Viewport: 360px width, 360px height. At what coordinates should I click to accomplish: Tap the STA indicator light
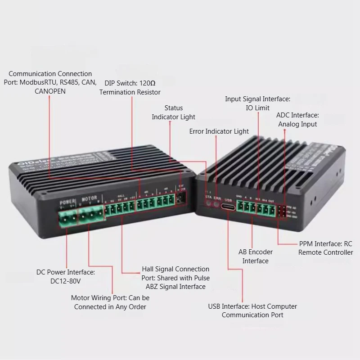(208, 204)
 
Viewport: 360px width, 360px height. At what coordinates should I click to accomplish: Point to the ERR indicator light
(216, 204)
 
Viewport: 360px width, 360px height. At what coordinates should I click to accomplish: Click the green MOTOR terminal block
(92, 217)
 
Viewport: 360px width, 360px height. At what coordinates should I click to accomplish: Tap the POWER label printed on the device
(67, 201)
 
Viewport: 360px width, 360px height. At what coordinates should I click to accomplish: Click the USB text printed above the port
(228, 196)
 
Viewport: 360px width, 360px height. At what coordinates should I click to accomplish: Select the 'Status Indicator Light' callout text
(174, 112)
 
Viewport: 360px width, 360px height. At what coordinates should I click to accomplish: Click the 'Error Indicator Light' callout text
(219, 131)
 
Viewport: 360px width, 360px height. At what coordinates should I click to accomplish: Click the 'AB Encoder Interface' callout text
(256, 256)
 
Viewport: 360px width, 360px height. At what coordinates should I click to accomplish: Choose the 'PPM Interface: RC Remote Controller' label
(325, 248)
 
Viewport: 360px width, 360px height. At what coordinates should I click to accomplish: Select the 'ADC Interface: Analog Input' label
(297, 120)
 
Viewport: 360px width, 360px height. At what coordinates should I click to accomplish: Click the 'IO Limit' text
(257, 108)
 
